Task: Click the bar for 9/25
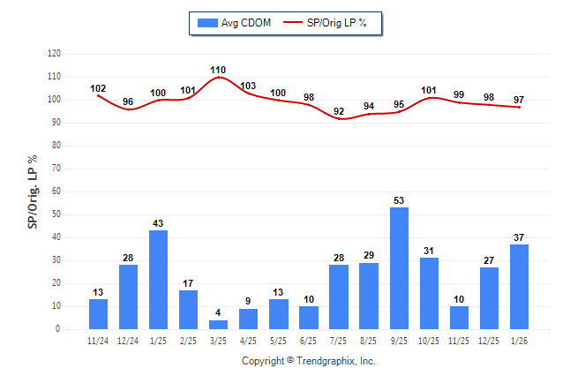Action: [399, 268]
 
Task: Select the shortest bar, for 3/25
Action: [218, 324]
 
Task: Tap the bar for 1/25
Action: [158, 280]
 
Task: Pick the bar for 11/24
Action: [98, 313]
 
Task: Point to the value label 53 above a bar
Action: [399, 200]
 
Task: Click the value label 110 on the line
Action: [218, 69]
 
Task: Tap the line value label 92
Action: [339, 110]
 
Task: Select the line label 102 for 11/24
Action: [98, 88]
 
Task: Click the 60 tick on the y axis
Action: [56, 191]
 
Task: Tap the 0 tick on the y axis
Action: [58, 329]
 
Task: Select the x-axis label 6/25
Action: [309, 342]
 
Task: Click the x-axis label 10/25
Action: [429, 342]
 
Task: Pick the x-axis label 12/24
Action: [128, 342]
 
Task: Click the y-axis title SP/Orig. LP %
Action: [33, 191]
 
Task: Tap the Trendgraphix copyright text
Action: [308, 361]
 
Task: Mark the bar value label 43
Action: [158, 223]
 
